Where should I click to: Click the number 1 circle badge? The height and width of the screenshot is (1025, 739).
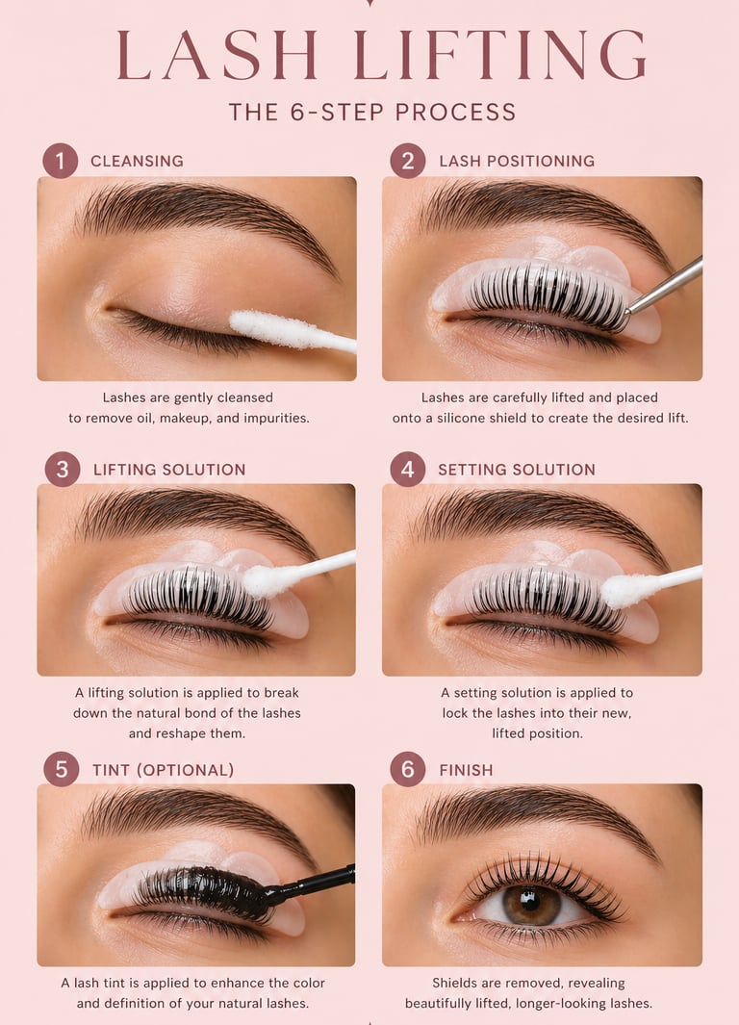[60, 161]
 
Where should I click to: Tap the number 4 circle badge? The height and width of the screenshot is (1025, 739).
[408, 470]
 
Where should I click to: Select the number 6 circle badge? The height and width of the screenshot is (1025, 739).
[408, 769]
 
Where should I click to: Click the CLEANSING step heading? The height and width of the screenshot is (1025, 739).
[137, 161]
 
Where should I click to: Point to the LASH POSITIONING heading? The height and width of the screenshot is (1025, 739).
[517, 161]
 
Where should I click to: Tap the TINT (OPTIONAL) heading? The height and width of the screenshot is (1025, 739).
[163, 770]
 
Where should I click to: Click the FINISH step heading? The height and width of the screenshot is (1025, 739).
[466, 770]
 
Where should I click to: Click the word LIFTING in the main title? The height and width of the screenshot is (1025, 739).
[501, 54]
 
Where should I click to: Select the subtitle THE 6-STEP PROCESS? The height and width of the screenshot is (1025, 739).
[372, 113]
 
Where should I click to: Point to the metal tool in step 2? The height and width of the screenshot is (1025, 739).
[664, 286]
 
